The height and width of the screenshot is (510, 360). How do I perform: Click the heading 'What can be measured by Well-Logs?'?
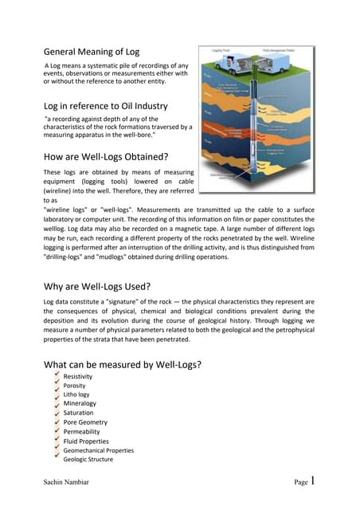click(122, 365)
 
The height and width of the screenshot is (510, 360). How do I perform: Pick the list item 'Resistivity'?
click(78, 376)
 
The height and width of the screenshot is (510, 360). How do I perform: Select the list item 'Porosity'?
click(74, 386)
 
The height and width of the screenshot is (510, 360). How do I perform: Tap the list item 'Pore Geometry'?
click(85, 422)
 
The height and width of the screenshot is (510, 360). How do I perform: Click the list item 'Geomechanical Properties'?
click(99, 450)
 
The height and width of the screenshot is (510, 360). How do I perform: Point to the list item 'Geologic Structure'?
click(88, 460)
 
